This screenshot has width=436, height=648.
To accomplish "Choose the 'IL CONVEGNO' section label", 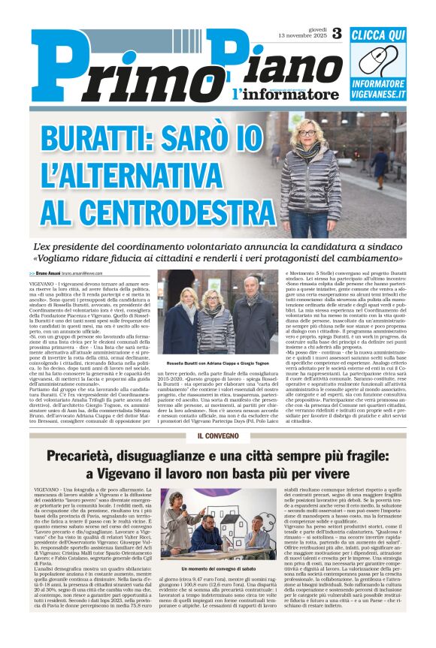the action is click(217, 436).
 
